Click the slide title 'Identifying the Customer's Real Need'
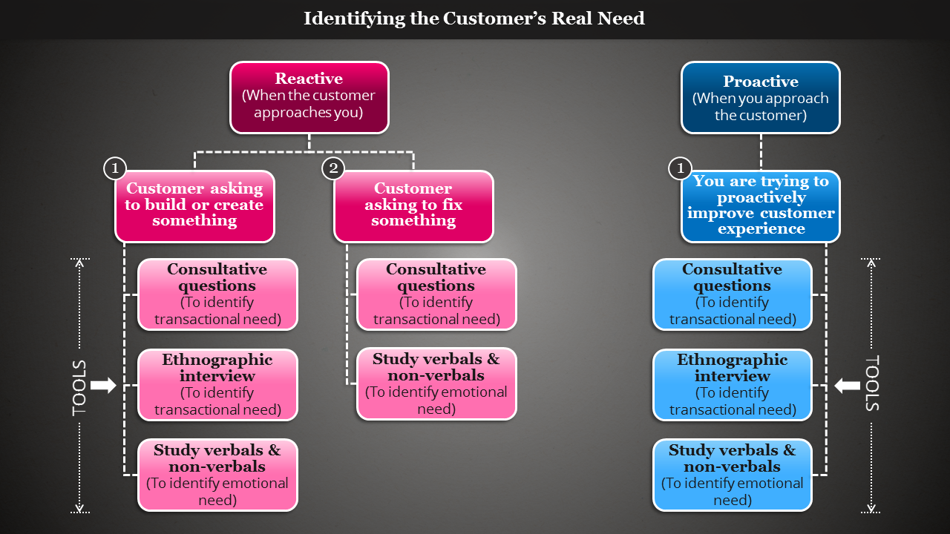pos(474,19)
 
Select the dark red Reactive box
pos(309,98)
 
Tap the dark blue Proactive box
pos(760,98)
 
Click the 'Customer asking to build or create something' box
pos(194,206)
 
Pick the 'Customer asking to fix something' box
pos(413,206)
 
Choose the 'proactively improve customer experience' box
pos(761,206)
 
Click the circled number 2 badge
pos(333,168)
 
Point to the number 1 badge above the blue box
pos(680,168)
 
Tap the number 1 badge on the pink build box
pos(114,168)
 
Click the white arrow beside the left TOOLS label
pos(103,385)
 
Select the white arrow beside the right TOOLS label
pos(847,385)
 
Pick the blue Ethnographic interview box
pos(732,385)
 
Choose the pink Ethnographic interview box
pos(217,385)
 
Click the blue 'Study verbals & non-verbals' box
pos(732,475)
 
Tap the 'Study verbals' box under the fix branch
pos(436,383)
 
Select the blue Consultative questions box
pos(732,294)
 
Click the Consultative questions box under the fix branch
pos(436,294)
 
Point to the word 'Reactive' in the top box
pos(309,79)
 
